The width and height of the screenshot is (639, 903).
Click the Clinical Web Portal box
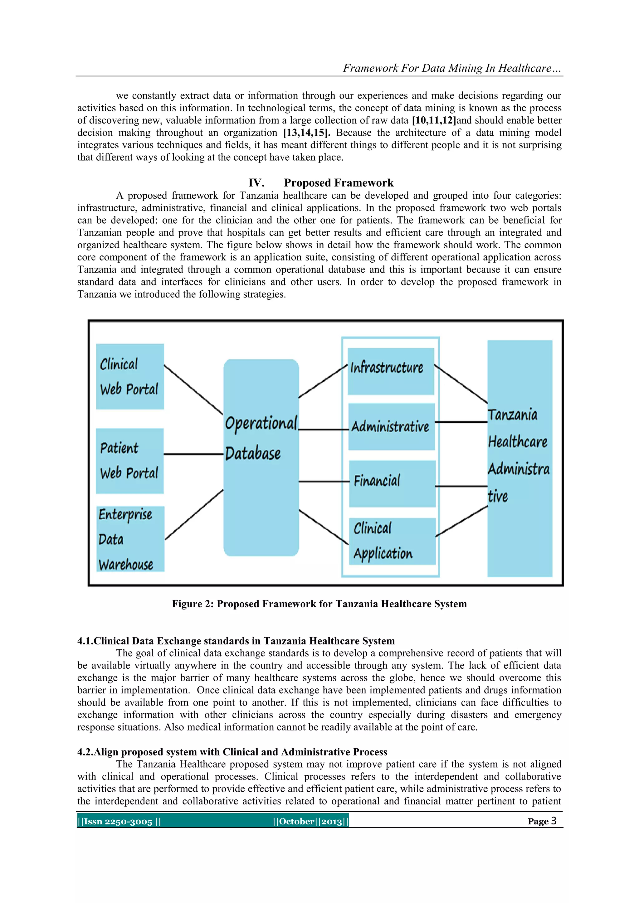(130, 376)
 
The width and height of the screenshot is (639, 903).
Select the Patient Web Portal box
(129, 461)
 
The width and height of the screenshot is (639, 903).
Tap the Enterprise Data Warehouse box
(130, 538)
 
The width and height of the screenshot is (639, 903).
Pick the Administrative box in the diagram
(391, 426)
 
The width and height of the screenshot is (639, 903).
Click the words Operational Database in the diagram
(261, 438)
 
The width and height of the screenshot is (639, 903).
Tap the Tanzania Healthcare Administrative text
(518, 455)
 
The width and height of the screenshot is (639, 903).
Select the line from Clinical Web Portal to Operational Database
(193, 389)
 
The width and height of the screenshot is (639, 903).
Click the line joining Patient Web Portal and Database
(193, 454)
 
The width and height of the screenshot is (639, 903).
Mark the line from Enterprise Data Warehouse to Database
(194, 514)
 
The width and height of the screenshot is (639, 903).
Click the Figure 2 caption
(319, 604)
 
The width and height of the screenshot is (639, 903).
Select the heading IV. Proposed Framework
(321, 183)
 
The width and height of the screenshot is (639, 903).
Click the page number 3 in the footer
(553, 821)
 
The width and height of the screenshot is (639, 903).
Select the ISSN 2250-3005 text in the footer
(119, 821)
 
